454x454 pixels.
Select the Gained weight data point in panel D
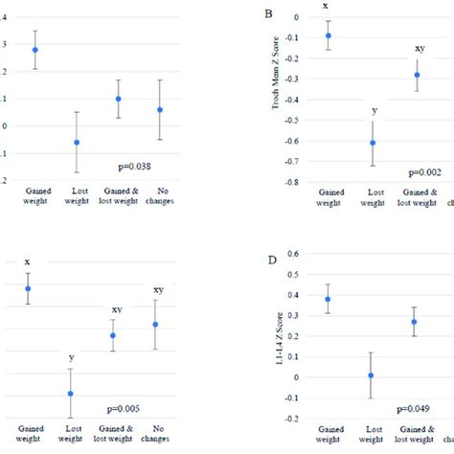tap(328, 299)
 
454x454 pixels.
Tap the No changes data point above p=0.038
tap(160, 110)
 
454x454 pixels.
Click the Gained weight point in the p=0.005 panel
tap(27, 288)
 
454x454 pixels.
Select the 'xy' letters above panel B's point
tap(419, 48)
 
